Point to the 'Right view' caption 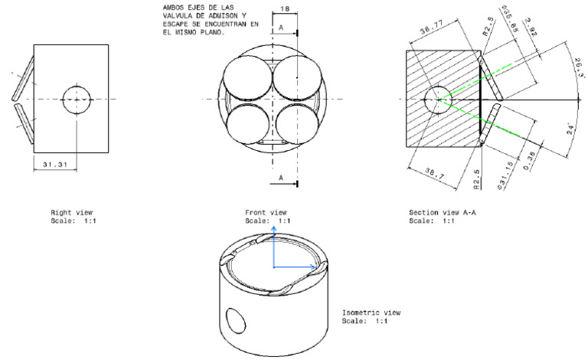[x=71, y=212]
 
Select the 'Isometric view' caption [x=371, y=313]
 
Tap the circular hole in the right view [x=76, y=100]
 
